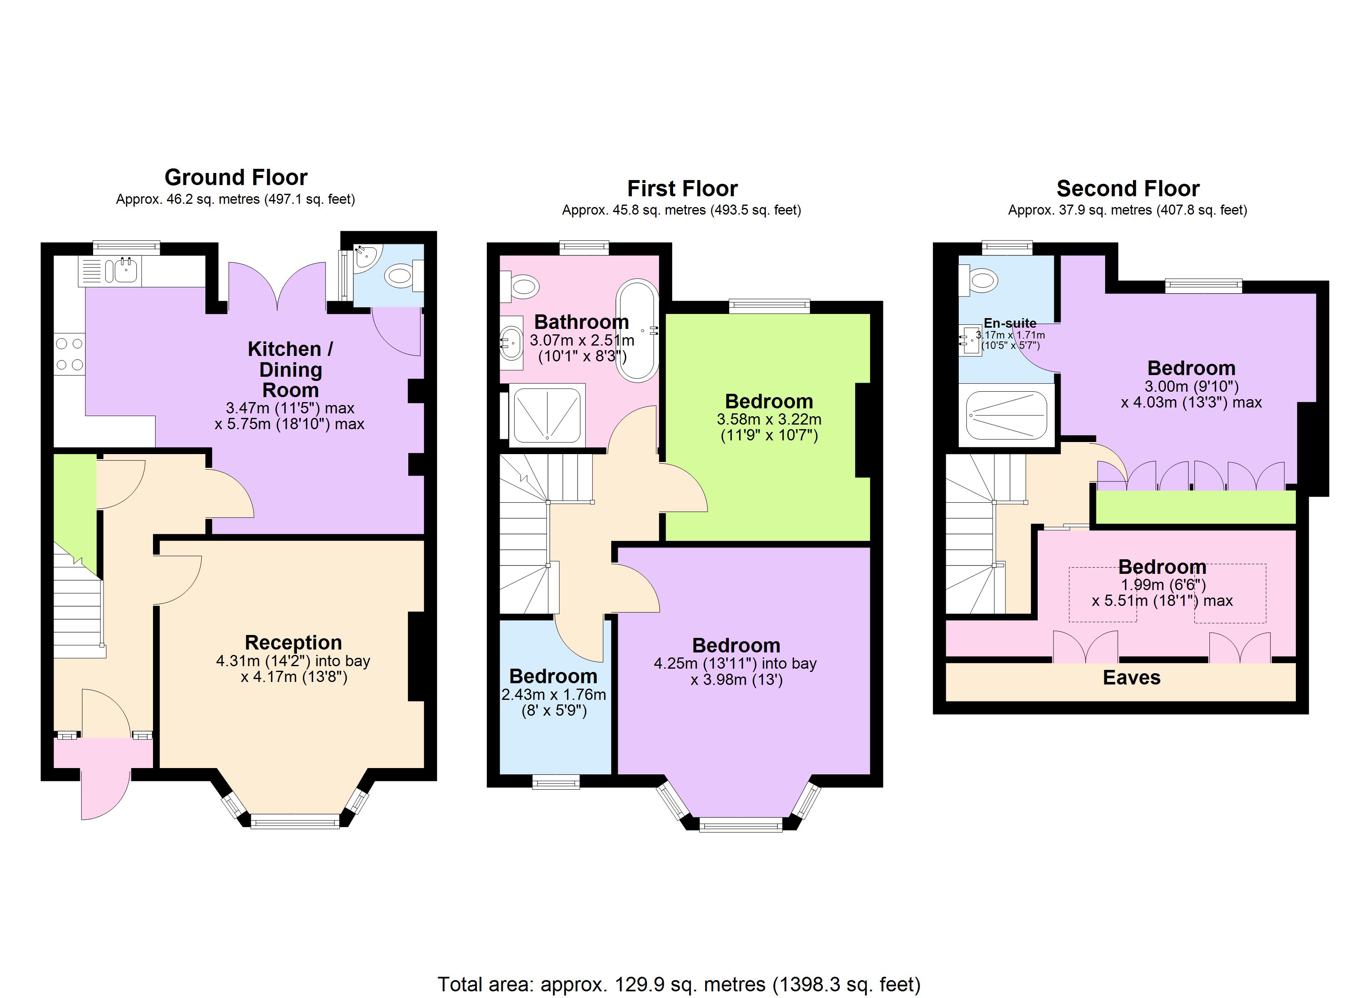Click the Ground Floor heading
click(236, 177)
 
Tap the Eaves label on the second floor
click(1131, 677)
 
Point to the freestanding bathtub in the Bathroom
click(638, 330)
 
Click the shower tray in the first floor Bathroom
click(547, 415)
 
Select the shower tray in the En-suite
click(1006, 415)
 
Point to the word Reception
click(294, 642)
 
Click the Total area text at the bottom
click(679, 985)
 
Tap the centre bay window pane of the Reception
click(295, 821)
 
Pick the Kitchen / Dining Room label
click(290, 369)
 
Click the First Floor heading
click(682, 188)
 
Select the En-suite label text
click(1009, 323)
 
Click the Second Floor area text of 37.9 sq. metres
click(1128, 210)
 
